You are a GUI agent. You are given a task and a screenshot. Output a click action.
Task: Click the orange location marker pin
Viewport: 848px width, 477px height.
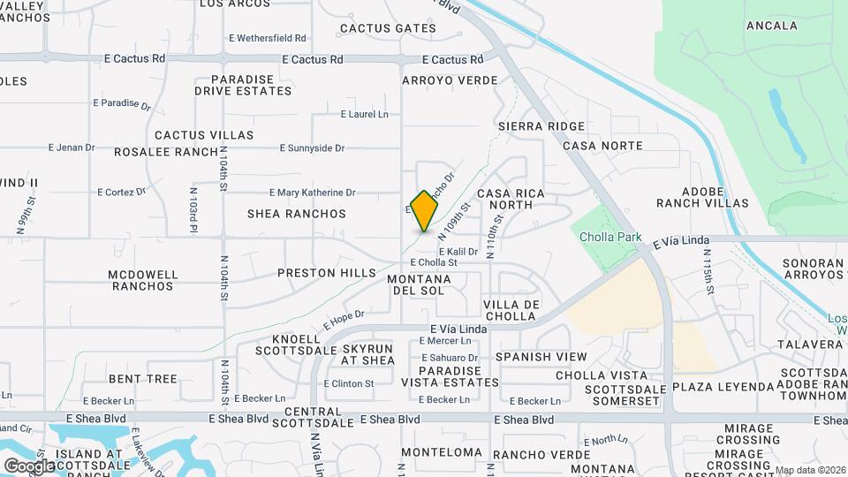pos(425,210)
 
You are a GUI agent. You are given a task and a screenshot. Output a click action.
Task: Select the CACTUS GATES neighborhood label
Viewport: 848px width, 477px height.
pos(388,28)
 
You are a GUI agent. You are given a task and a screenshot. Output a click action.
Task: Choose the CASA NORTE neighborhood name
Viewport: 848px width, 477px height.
pos(602,145)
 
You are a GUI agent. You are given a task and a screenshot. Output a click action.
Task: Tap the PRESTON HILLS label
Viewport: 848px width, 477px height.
pos(327,273)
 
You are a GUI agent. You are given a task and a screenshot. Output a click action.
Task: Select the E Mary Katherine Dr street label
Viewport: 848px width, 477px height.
pos(312,192)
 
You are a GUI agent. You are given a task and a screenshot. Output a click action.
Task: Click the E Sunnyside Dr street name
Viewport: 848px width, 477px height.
pos(312,148)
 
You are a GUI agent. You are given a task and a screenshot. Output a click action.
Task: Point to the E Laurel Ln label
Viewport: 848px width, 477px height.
pos(365,114)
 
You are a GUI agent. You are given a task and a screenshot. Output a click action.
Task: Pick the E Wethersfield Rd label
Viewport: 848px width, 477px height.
pos(267,38)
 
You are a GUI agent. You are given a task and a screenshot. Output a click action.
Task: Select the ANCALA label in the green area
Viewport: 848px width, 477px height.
pos(771,26)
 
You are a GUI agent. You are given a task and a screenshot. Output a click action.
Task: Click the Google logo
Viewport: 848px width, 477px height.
pos(29,466)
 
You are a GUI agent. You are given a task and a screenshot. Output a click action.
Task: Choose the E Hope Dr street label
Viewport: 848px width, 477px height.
pos(344,319)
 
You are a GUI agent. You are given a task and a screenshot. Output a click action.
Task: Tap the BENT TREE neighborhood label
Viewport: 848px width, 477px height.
pos(143,379)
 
